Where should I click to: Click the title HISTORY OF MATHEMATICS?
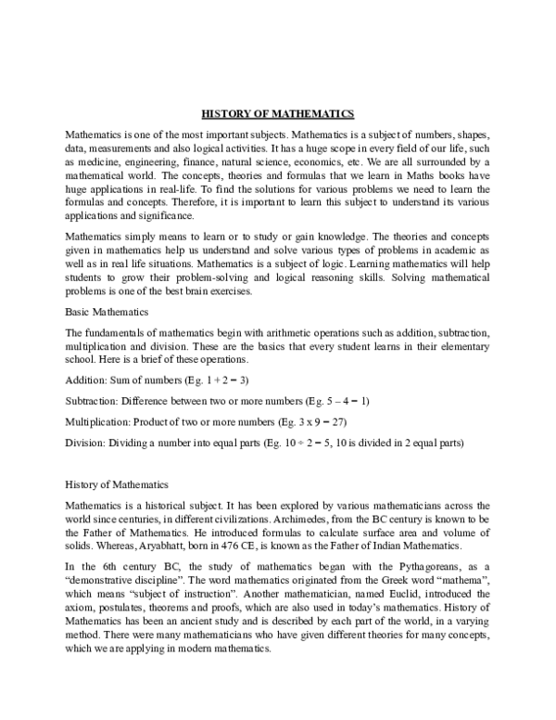pyautogui.click(x=278, y=114)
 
